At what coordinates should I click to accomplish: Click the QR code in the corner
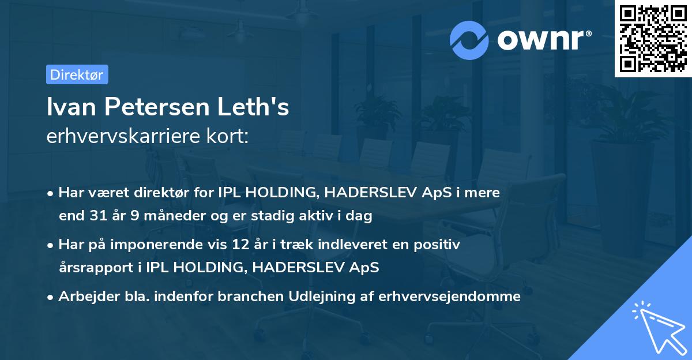[x=653, y=39]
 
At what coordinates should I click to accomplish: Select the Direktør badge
[x=77, y=74]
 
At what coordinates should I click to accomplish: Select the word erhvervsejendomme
[x=450, y=297]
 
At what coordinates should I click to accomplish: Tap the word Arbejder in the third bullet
[x=84, y=297]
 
